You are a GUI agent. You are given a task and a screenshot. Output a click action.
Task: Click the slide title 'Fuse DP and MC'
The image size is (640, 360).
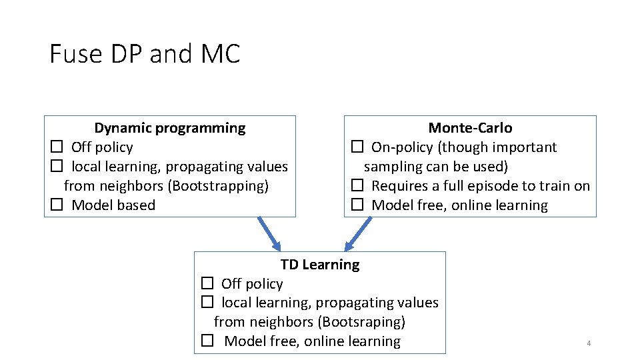[x=145, y=54]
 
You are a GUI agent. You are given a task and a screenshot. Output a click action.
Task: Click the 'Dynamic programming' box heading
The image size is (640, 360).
[x=169, y=128]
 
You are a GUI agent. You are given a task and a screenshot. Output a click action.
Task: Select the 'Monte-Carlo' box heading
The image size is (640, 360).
[x=470, y=128]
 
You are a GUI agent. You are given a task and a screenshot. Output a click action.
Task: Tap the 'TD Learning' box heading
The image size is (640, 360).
[x=319, y=265]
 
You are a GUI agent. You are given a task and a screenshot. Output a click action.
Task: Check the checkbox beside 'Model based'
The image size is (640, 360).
[x=57, y=205]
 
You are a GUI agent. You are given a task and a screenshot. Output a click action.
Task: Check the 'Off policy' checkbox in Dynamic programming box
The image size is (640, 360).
[x=57, y=147]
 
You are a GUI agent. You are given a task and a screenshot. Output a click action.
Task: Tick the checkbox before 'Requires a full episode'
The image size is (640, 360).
[x=357, y=185]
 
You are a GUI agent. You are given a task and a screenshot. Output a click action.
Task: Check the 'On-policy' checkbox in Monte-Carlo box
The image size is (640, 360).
[x=357, y=147]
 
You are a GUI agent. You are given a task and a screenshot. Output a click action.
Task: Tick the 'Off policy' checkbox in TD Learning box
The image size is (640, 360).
[x=207, y=283]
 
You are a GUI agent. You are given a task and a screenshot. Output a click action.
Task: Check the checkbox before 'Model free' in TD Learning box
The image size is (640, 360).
[x=207, y=341]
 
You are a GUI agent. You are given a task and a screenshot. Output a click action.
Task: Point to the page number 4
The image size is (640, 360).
[x=589, y=343]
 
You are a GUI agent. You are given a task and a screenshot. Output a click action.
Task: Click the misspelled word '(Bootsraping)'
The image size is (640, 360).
[x=361, y=322]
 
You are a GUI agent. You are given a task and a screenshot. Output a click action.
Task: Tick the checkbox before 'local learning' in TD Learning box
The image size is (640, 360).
[x=207, y=303]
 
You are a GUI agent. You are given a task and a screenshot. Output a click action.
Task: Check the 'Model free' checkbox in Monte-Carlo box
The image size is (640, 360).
[x=357, y=205]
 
